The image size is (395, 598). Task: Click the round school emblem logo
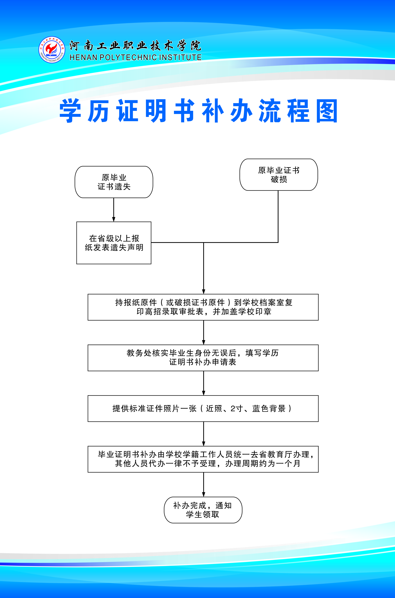point(52,50)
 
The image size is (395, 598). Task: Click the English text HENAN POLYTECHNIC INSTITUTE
point(136,57)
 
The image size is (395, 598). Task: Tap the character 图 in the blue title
point(327,111)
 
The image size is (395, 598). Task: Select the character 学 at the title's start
point(70,111)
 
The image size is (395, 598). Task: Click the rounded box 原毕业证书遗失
point(114,182)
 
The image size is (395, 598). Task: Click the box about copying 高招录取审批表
point(203,307)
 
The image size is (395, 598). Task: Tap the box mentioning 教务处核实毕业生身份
point(203,358)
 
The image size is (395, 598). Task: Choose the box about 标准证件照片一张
point(203,409)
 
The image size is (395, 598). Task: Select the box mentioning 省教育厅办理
point(203,459)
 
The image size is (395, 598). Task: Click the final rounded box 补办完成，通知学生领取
point(203,510)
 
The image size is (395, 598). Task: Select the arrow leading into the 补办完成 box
point(204,485)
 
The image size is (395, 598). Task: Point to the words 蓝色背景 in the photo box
point(269,409)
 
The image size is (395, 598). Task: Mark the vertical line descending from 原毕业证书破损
point(278,217)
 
